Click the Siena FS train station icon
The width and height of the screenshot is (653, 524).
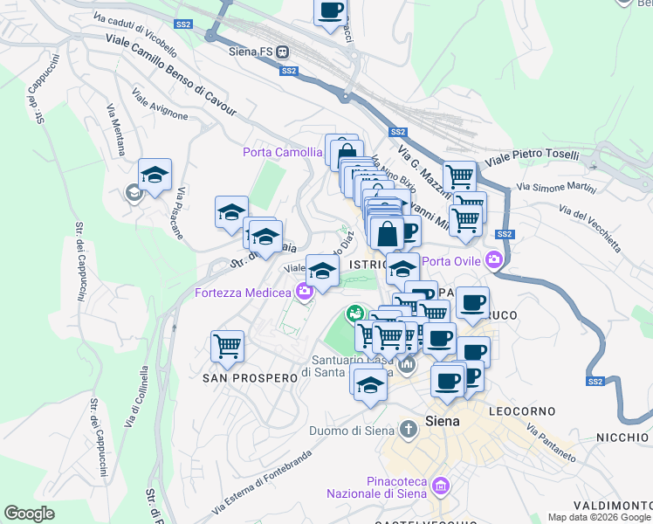[284, 52]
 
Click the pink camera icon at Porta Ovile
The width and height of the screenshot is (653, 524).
[495, 260]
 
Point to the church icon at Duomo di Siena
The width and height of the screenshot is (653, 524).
[408, 430]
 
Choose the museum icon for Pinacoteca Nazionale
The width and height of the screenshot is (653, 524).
[440, 485]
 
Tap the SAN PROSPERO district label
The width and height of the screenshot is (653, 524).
[238, 378]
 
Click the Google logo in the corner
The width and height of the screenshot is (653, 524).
[30, 513]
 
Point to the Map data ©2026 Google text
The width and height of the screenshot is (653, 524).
[599, 516]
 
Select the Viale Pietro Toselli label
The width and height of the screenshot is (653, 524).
[532, 155]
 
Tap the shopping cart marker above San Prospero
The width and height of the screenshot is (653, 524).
[227, 345]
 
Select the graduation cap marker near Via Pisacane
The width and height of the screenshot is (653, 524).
[155, 174]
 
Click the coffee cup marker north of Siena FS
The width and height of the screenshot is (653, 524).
[330, 10]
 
